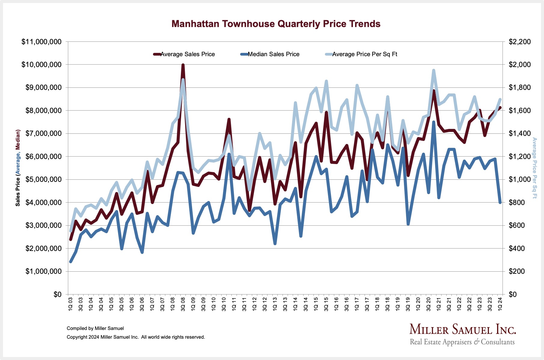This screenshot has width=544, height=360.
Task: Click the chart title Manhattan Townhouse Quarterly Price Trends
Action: click(x=276, y=24)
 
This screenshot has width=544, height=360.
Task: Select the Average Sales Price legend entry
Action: click(x=188, y=54)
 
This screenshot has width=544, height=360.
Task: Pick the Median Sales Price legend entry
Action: click(x=274, y=54)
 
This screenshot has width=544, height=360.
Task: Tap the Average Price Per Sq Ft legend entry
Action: click(x=365, y=54)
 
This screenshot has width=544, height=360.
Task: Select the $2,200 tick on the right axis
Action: click(x=520, y=42)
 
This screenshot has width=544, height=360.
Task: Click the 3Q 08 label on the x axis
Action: click(x=183, y=304)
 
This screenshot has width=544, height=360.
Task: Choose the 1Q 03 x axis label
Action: click(x=71, y=304)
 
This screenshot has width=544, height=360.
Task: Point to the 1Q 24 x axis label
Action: click(x=500, y=304)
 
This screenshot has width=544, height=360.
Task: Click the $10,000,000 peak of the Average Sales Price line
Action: click(x=183, y=65)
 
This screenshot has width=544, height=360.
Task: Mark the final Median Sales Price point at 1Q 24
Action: click(x=500, y=203)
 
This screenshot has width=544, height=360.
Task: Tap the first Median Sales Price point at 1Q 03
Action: click(x=71, y=262)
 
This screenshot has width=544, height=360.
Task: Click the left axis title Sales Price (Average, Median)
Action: click(x=18, y=168)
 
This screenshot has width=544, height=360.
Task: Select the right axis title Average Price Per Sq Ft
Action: click(x=534, y=168)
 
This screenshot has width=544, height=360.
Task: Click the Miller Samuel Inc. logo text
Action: click(x=463, y=330)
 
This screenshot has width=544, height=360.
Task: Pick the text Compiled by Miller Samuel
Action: click(x=95, y=328)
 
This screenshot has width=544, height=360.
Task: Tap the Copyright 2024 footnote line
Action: click(x=136, y=337)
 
